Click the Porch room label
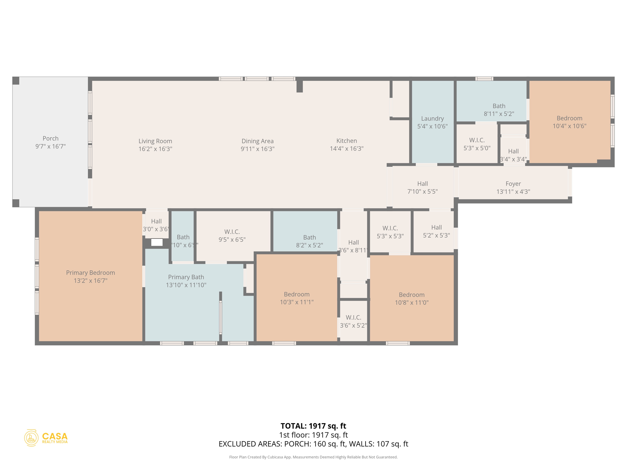[51, 139]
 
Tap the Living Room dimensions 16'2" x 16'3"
[155, 149]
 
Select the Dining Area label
[257, 141]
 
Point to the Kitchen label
[347, 141]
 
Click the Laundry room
[432, 122]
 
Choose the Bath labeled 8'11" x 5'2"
[499, 110]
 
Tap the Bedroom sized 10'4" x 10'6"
[569, 122]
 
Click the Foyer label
[513, 184]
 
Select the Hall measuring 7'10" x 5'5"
[422, 187]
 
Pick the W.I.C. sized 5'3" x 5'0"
[477, 144]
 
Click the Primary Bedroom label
[90, 273]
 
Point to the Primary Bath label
[186, 277]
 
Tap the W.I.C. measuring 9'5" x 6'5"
[232, 235]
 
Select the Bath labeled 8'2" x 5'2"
[309, 241]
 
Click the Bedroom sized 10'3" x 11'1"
[296, 298]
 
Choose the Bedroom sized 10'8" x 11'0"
[411, 298]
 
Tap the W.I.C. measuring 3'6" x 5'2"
[353, 321]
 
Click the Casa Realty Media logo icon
[31, 438]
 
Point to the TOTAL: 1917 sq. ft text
[313, 426]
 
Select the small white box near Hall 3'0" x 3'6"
[157, 242]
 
